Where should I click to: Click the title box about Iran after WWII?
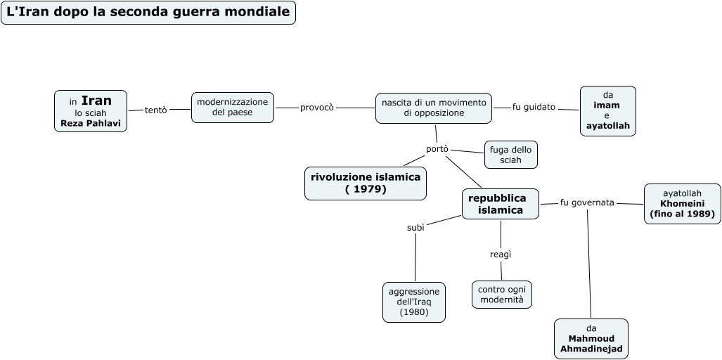(x=148, y=13)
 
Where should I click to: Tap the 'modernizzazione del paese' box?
(x=232, y=108)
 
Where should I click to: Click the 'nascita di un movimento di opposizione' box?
(x=433, y=108)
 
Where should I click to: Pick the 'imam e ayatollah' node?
(x=607, y=110)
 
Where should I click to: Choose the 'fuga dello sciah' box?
(x=510, y=155)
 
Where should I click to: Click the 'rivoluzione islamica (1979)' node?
(x=366, y=183)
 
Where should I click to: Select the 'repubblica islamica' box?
(x=501, y=204)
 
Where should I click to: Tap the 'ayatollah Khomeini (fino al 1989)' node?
(x=682, y=203)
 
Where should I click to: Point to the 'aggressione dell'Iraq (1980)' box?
(x=413, y=302)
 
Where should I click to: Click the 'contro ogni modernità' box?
(x=501, y=294)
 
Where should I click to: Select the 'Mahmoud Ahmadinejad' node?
(x=591, y=338)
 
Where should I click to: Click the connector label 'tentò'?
(x=155, y=110)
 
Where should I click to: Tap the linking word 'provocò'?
(x=316, y=108)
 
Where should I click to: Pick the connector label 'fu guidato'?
(x=534, y=107)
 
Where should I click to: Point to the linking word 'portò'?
(x=437, y=149)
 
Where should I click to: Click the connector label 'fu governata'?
(x=587, y=202)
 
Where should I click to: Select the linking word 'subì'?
(x=415, y=228)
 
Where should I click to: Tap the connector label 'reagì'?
(x=500, y=254)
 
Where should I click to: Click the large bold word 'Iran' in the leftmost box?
(x=96, y=101)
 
